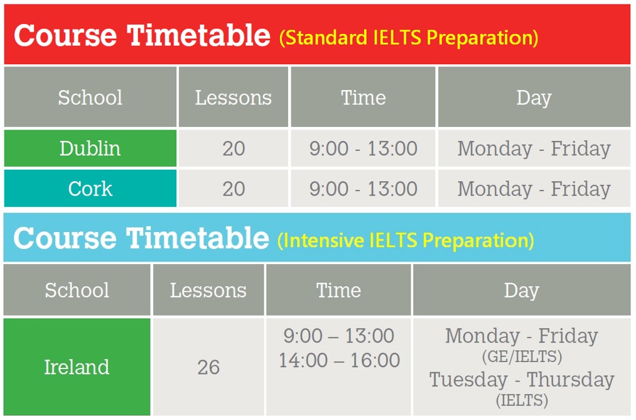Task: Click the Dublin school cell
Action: tap(90, 148)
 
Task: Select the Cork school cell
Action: tap(90, 189)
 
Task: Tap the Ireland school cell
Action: tap(77, 367)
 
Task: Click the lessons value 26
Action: tap(208, 367)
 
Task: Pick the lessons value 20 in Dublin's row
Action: tap(234, 148)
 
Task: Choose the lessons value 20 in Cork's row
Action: tap(234, 189)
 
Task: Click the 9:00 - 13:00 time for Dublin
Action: tap(364, 148)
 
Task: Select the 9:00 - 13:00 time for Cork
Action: tap(364, 189)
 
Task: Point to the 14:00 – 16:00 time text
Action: tap(339, 360)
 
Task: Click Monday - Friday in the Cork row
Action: tap(534, 189)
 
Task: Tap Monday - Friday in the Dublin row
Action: tap(534, 148)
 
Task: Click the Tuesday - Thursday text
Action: tap(522, 380)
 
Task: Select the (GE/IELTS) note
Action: tap(522, 356)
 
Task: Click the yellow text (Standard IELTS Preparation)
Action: tap(409, 38)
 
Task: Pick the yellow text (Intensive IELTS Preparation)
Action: tap(406, 240)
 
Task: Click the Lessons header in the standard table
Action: tap(233, 97)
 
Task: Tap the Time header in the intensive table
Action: tap(338, 290)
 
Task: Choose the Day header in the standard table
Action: tap(534, 98)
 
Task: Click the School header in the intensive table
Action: tap(77, 290)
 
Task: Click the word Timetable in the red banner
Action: tap(199, 35)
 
